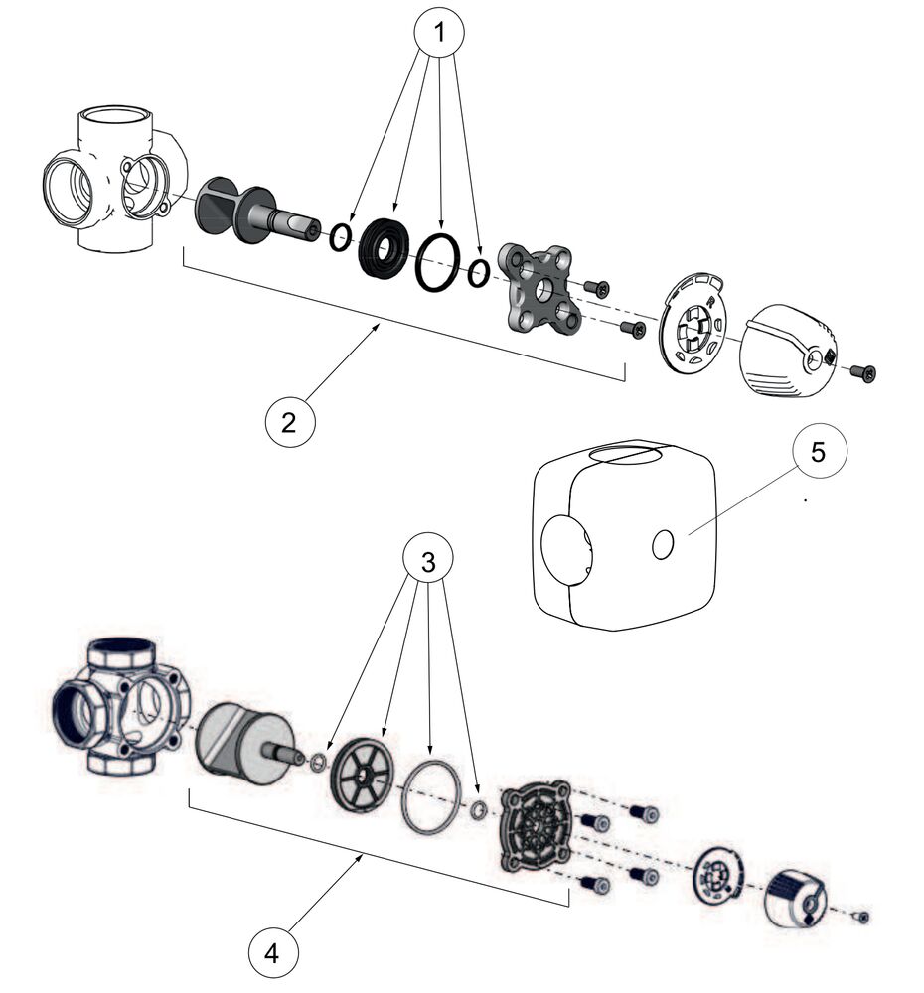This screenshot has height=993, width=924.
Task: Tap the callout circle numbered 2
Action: click(x=289, y=422)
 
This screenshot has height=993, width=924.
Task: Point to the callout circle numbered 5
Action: click(x=818, y=452)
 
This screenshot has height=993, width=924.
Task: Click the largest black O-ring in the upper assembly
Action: click(x=437, y=264)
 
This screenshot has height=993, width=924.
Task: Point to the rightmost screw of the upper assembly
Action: click(x=863, y=373)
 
